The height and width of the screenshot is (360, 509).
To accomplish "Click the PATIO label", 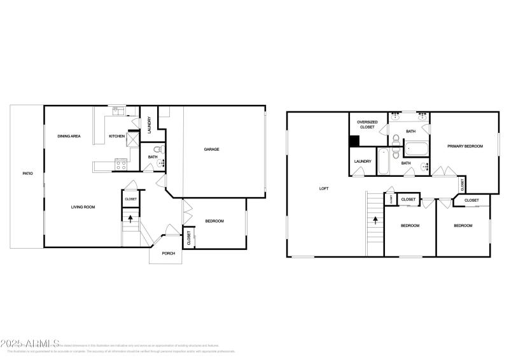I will pyautogui.click(x=27, y=173).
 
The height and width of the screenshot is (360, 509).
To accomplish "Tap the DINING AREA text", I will pyautogui.click(x=69, y=136).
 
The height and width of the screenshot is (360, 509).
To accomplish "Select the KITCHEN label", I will pyautogui.click(x=116, y=136).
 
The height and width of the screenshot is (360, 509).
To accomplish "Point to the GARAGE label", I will pyautogui.click(x=211, y=149).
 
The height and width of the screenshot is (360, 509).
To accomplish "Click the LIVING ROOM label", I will pyautogui.click(x=83, y=207).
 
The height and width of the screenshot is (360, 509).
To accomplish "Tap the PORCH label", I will pyautogui.click(x=168, y=253).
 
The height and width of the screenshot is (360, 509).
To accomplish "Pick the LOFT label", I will pyautogui.click(x=324, y=188).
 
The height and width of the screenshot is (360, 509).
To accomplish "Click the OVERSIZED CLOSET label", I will pyautogui.click(x=367, y=125).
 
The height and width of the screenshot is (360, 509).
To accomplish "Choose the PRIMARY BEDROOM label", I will pyautogui.click(x=464, y=146).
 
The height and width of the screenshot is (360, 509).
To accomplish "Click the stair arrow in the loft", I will pyautogui.click(x=375, y=221).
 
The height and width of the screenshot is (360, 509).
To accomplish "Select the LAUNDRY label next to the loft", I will pyautogui.click(x=363, y=162).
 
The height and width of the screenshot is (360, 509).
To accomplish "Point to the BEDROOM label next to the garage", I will pyautogui.click(x=214, y=221).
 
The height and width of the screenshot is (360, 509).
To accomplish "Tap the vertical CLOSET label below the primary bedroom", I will pyautogui.click(x=463, y=184).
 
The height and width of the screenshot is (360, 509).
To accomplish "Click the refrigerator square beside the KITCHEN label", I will pyautogui.click(x=134, y=138).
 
